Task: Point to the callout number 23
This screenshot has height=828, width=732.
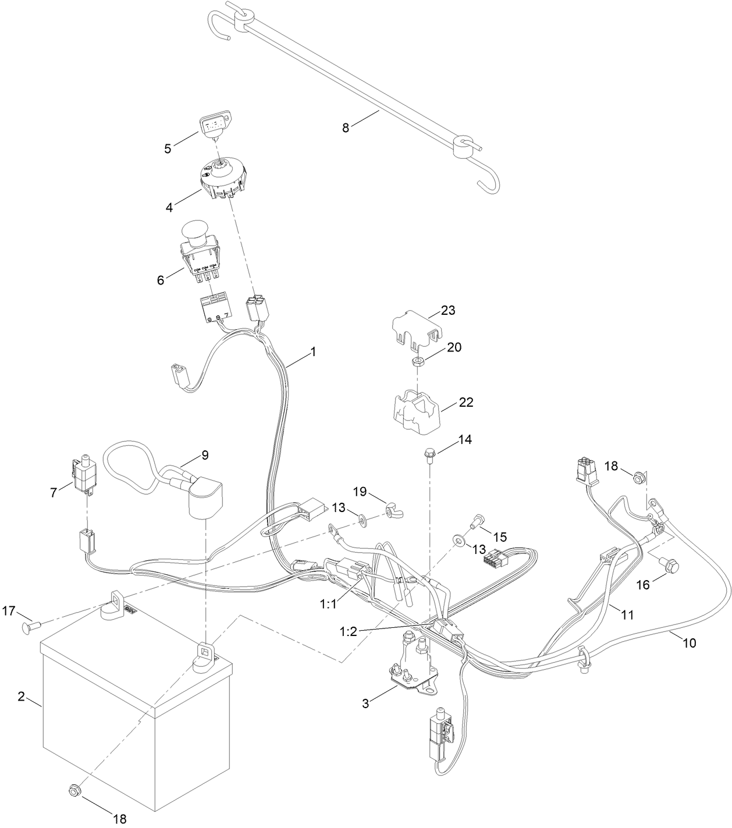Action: (447, 310)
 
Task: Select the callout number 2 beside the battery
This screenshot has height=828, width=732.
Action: (22, 696)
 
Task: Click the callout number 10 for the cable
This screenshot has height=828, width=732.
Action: (690, 643)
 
